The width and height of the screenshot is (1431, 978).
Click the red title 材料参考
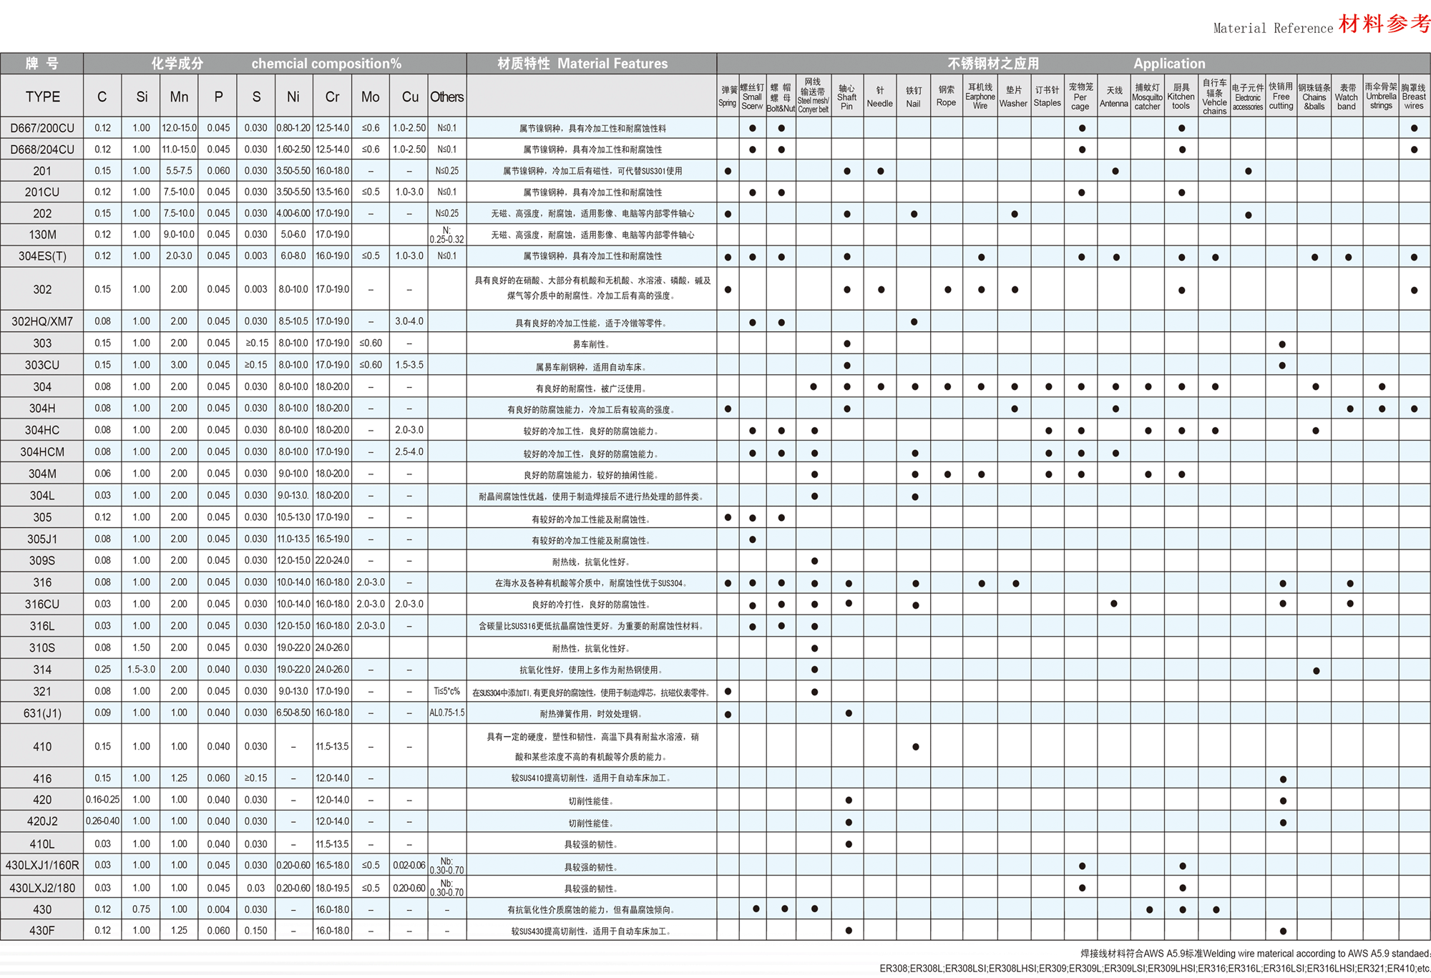click(x=1384, y=24)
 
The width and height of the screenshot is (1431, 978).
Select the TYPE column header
click(x=42, y=97)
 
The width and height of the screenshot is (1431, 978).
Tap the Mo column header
click(x=370, y=97)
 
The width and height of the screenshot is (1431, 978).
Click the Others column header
click(x=446, y=97)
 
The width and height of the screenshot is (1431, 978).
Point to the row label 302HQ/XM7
click(x=42, y=322)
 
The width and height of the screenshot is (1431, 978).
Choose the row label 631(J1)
click(x=42, y=713)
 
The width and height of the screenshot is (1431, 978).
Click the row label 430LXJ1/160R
click(x=42, y=865)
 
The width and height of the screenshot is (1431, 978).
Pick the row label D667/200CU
click(x=42, y=128)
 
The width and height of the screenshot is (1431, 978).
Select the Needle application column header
click(x=880, y=97)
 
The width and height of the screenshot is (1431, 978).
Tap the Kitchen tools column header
click(x=1181, y=97)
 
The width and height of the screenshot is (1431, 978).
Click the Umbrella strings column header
click(x=1381, y=97)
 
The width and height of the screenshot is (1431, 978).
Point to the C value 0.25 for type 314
click(x=102, y=670)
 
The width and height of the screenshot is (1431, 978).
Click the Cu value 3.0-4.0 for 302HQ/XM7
click(x=409, y=322)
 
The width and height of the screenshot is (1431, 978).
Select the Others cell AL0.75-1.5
click(x=446, y=713)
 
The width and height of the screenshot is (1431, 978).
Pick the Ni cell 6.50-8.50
click(x=293, y=713)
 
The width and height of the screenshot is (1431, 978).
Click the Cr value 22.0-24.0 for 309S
click(x=332, y=561)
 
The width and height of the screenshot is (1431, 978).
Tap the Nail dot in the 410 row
click(x=916, y=747)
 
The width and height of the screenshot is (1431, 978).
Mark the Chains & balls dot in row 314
click(x=1317, y=671)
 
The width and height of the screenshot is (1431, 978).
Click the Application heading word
click(x=1169, y=64)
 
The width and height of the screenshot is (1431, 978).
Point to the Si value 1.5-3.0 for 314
click(x=141, y=670)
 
